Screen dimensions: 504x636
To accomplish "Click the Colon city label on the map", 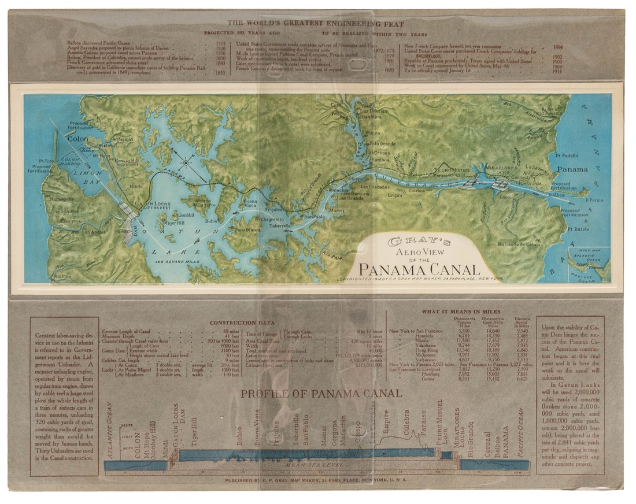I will click(76, 139).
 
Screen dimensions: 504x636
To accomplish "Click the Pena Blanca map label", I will click(247, 229).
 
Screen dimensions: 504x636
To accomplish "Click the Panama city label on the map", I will click(572, 169).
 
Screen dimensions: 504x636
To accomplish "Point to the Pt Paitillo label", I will click(567, 155).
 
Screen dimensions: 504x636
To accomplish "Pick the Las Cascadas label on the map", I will click(375, 187).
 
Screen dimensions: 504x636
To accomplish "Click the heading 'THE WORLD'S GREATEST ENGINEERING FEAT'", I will click(315, 23).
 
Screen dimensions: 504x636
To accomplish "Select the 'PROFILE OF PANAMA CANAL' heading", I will click(321, 393).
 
